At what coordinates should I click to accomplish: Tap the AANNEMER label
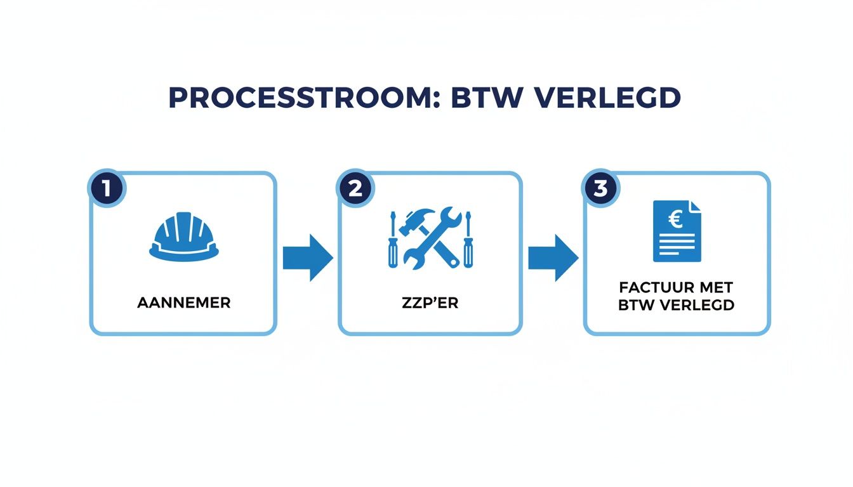pos(184,302)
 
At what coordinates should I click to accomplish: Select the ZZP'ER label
pos(430,302)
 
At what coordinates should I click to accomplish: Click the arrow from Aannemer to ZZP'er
pos(307,257)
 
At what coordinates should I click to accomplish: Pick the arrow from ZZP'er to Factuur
pos(553,257)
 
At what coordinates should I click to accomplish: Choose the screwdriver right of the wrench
pos(468,241)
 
